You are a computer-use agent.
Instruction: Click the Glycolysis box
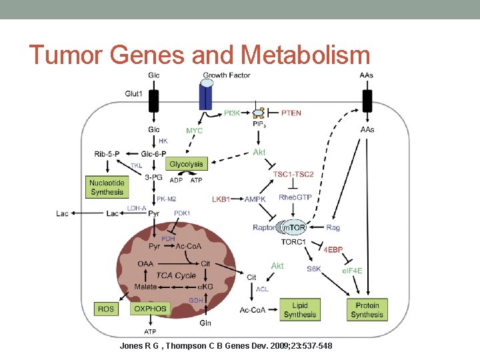187,164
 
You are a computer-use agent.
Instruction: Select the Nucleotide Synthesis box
107,187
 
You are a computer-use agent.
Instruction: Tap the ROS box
106,309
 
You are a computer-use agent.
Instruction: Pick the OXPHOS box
151,309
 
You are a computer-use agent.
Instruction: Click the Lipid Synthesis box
300,309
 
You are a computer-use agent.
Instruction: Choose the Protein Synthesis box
367,309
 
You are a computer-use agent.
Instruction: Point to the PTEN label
291,113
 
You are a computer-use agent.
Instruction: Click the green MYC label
195,131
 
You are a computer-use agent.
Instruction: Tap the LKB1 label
221,199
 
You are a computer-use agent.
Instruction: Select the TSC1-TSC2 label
293,175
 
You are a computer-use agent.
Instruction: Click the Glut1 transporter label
134,94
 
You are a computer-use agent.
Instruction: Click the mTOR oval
293,228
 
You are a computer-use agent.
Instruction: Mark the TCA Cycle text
175,275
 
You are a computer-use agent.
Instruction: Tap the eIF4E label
352,270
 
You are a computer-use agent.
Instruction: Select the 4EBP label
333,249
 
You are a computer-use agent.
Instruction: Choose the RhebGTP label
295,197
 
